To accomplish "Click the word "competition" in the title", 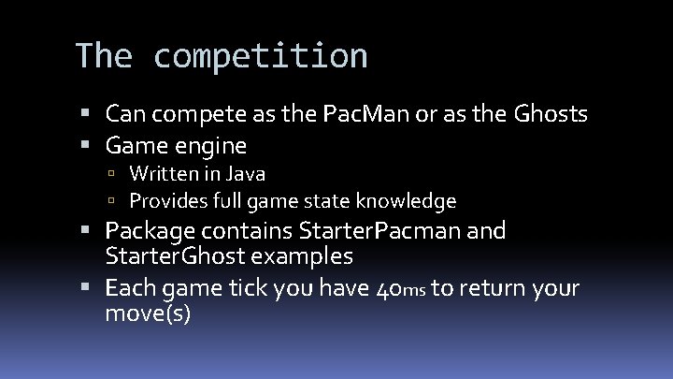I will coord(261,56).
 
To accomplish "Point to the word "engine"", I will coord(215,146).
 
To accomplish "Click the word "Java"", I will coord(246,174).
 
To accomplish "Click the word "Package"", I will coord(150,230).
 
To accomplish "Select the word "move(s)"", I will coord(149,313).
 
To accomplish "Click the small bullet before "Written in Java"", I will coord(110,175).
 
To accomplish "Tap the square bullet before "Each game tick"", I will coord(91,287).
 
